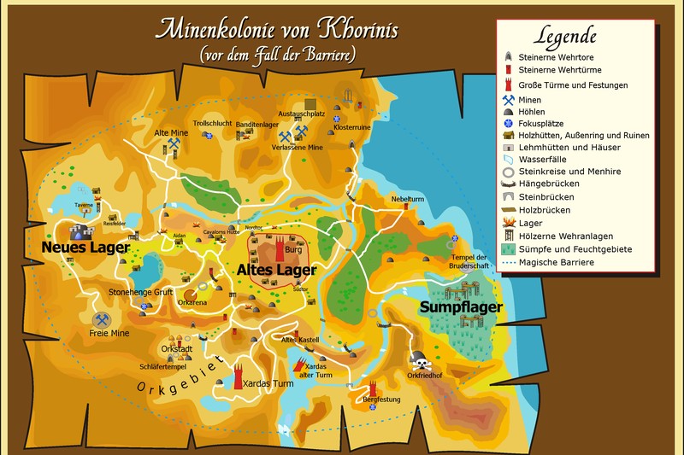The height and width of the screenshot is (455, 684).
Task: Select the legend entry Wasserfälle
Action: pos(546,159)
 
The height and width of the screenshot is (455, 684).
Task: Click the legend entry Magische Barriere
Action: pos(556,262)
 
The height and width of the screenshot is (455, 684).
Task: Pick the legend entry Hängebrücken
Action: pos(549,184)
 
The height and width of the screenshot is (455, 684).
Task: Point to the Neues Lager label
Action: pos(85,248)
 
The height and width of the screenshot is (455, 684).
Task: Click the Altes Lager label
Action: pos(276,270)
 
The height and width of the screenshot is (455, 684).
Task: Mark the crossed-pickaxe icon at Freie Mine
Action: pos(102,320)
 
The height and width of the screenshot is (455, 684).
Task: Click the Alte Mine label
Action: pos(171,133)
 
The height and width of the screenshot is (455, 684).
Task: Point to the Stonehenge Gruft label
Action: pos(141,292)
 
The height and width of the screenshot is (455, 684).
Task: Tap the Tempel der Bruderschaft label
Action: pos(469,261)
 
